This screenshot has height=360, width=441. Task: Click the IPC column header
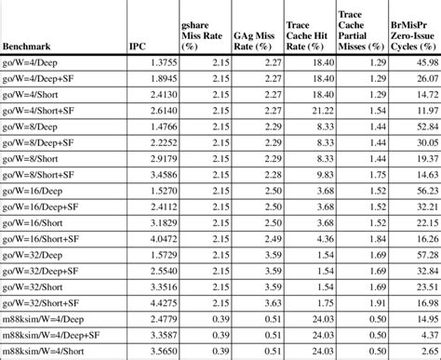[x=139, y=45]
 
